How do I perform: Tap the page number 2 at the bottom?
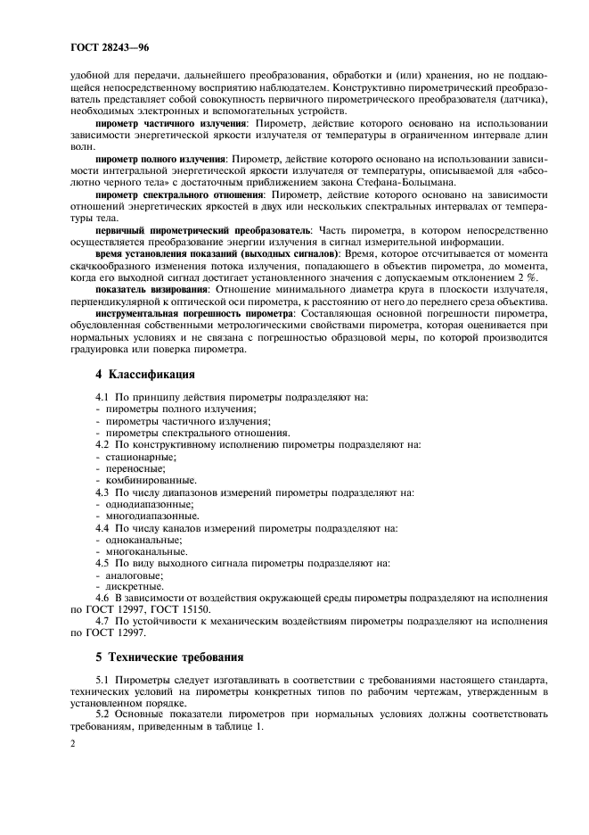point(74,741)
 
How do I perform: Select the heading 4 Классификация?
point(147,373)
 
